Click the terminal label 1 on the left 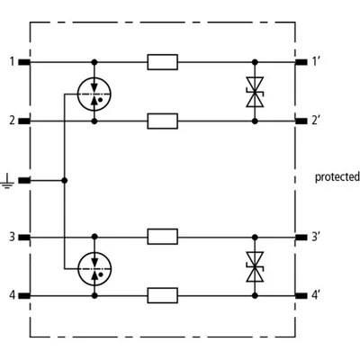click(12, 62)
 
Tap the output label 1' click(315, 62)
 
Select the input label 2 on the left click(12, 121)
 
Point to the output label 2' click(315, 121)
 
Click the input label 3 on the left click(12, 237)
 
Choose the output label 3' click(315, 237)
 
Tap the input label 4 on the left click(12, 295)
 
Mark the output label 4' click(315, 295)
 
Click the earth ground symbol click(7, 183)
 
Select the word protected click(337, 177)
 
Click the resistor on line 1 click(162, 62)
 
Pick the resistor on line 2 click(162, 121)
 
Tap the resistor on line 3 click(162, 237)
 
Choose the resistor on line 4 click(162, 296)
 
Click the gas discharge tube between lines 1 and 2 click(94, 94)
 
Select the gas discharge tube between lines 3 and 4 click(94, 268)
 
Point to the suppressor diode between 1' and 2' click(255, 92)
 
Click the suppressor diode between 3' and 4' click(255, 266)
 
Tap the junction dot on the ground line click(64, 180)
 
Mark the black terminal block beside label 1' click(301, 62)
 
